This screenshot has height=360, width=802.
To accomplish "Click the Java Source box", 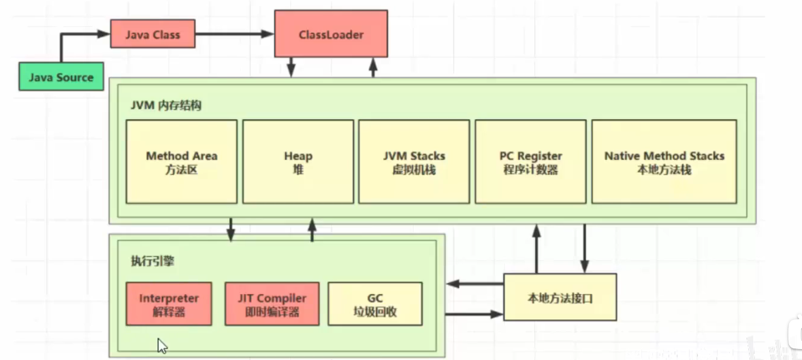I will point(61,77).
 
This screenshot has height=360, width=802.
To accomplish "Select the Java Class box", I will point(153,34).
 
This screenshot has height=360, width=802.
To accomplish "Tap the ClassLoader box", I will point(331,34).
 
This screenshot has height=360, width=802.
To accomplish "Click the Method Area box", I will point(182,162).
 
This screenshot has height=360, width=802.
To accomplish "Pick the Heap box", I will point(298,162).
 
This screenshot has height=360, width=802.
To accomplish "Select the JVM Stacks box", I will point(414,162).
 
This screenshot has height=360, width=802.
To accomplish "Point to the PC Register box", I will point(530,162).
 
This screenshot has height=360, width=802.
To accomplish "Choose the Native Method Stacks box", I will point(664,162).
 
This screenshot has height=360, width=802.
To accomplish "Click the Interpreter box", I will point(169,304).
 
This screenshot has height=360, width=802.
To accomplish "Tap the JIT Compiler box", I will point(272,304).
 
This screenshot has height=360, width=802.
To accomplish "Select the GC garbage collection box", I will point(375,304).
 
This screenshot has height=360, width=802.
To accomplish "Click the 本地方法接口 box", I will point(560,297).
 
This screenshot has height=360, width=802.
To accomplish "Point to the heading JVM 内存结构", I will point(166,106).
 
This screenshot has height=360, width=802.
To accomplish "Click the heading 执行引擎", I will point(148,262).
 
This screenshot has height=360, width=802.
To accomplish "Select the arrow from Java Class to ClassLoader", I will point(234,33).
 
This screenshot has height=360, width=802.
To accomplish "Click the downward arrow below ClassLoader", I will point(291,67).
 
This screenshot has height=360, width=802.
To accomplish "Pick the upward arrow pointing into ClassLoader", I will point(373,67).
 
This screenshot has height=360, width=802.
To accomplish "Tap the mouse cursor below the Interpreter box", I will point(162,346).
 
